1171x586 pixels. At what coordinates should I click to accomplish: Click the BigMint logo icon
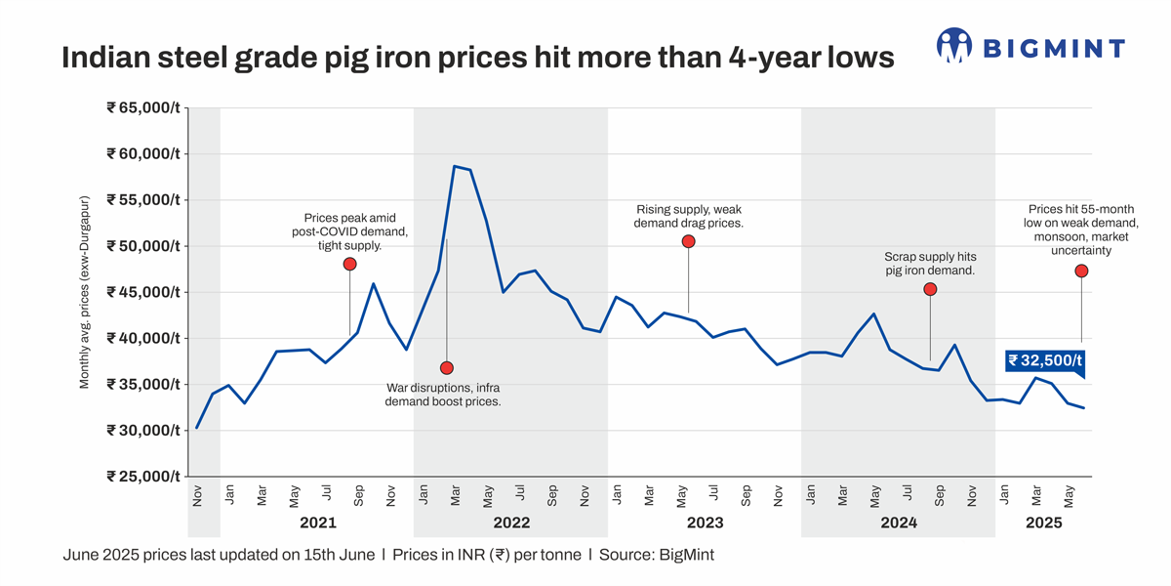(x=954, y=46)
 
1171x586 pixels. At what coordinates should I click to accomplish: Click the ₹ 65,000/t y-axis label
(x=143, y=108)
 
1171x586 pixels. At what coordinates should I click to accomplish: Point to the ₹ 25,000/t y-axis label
(x=143, y=477)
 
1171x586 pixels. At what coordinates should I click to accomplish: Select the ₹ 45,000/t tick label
(x=143, y=292)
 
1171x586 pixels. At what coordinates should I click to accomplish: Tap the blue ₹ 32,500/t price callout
(x=1045, y=360)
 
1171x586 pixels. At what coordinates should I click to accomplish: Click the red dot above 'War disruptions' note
(x=447, y=368)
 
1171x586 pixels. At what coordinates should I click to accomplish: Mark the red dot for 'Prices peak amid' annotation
(x=350, y=265)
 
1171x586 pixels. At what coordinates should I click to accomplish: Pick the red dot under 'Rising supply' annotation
(x=688, y=241)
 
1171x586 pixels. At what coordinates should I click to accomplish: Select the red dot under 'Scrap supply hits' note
(x=930, y=289)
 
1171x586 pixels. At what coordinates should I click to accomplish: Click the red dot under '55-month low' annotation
(x=1081, y=272)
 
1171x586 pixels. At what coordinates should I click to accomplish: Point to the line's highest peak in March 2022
(x=455, y=166)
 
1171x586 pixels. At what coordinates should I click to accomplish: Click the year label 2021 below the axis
(x=318, y=523)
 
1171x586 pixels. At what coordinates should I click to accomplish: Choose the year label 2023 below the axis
(x=706, y=523)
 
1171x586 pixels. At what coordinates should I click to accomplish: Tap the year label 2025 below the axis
(x=1043, y=523)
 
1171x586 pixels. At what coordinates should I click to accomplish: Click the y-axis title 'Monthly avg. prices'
(x=85, y=292)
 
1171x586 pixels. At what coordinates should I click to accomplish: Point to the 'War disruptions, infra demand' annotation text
(x=443, y=395)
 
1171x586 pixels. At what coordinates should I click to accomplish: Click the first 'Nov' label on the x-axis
(x=197, y=496)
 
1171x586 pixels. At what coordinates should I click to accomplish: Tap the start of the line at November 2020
(x=197, y=428)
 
